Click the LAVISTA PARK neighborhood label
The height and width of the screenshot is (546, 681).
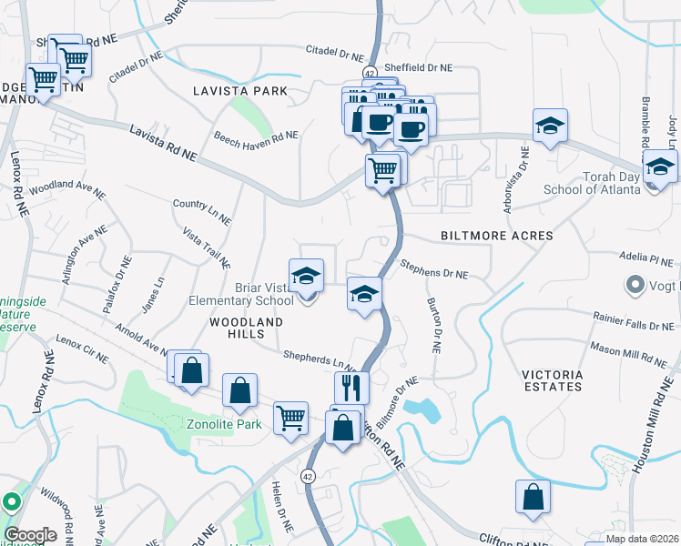(240, 91)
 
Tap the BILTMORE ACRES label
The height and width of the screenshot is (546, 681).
(496, 236)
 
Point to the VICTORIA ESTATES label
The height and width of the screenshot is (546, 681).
(552, 380)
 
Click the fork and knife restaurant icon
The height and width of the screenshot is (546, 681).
(351, 388)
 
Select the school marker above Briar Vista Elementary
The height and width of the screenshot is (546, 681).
(307, 276)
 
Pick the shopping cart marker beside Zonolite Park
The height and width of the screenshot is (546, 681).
(290, 419)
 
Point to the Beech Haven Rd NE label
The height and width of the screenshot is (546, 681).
(256, 136)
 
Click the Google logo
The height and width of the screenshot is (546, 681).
(30, 535)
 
